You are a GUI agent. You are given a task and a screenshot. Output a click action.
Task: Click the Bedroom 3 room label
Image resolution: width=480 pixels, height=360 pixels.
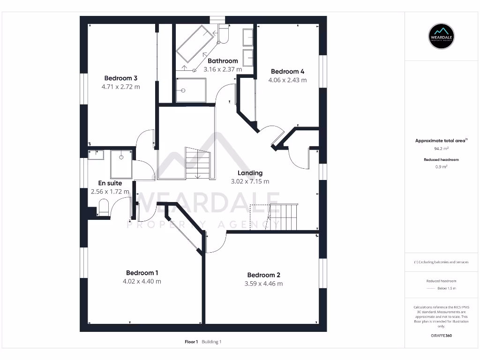[120, 78]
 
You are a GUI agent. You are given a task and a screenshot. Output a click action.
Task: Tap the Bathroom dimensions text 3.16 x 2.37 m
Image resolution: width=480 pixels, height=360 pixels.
[223, 69]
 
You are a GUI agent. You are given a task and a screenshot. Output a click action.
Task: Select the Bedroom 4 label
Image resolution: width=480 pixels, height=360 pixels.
[287, 72]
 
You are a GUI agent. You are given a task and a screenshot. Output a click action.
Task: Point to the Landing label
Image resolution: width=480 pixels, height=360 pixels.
[250, 173]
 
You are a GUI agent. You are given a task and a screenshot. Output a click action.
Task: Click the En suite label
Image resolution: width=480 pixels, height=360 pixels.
[110, 183]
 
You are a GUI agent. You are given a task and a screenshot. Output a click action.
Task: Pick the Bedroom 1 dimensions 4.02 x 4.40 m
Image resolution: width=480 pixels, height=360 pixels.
[142, 281]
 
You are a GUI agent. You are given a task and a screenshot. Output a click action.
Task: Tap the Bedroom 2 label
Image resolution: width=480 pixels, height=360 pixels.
[263, 275]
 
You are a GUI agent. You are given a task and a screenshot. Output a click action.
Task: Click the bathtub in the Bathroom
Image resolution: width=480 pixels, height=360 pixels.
[195, 44]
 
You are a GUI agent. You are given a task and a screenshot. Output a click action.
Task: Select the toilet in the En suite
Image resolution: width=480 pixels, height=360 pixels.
[104, 207]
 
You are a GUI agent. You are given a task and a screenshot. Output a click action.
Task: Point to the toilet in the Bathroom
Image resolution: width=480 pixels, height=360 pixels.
[222, 34]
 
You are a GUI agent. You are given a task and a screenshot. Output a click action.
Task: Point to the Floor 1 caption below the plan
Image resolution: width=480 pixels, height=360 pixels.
[192, 342]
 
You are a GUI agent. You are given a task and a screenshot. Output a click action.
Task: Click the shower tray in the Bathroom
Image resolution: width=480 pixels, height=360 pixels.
[191, 90]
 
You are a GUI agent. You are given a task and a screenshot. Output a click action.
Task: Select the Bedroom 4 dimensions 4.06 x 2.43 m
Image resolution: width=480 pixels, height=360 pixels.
[287, 80]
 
